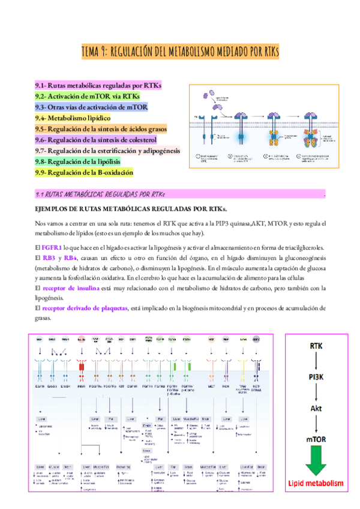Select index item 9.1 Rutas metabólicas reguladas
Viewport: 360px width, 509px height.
coord(98,86)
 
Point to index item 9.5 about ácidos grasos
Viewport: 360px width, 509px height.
coord(109,130)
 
